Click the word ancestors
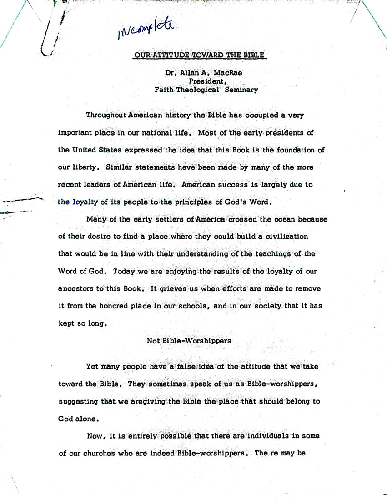click(77, 289)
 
